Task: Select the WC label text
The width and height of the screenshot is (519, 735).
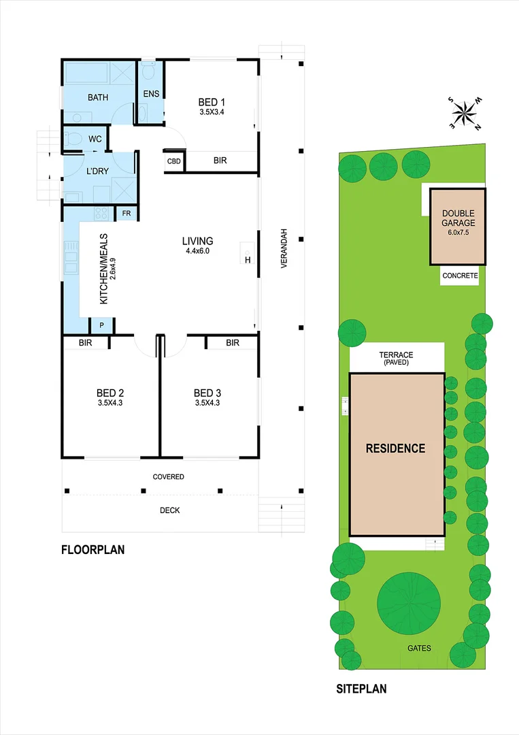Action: click(x=95, y=139)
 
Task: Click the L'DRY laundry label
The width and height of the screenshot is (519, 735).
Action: click(x=98, y=172)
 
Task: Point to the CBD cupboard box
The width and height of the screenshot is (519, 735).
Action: click(x=174, y=161)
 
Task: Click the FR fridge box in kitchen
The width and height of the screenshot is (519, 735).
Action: click(x=126, y=214)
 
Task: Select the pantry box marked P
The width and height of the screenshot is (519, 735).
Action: click(x=101, y=326)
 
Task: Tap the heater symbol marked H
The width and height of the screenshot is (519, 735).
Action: click(x=248, y=259)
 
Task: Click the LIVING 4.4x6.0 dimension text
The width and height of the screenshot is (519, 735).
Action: click(x=197, y=251)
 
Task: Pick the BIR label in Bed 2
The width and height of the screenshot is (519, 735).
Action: click(x=85, y=343)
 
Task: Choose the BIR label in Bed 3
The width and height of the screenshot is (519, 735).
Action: click(x=233, y=343)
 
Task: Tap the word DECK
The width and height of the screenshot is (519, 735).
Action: click(x=169, y=510)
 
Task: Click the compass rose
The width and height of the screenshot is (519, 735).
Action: click(x=467, y=113)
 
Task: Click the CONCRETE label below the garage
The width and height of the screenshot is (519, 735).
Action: click(x=460, y=276)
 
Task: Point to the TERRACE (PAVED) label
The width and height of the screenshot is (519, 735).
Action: click(x=396, y=359)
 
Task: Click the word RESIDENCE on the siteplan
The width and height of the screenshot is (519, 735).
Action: click(x=395, y=448)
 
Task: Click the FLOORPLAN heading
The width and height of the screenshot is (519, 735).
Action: click(x=93, y=550)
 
